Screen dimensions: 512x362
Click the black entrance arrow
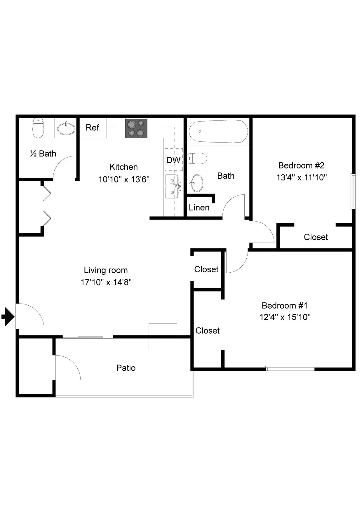coord(8,316)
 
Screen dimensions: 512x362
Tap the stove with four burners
coord(136,128)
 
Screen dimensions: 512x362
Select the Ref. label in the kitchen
coord(93,128)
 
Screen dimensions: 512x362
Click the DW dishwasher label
coord(173,160)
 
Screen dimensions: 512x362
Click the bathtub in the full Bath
coord(218,131)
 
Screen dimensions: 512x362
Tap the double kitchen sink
coord(172,186)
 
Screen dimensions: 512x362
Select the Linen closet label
coord(199,208)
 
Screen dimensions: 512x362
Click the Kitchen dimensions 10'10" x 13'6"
coord(124,179)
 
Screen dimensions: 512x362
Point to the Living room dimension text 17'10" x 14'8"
coord(106,282)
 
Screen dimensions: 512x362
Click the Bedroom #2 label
coord(301,166)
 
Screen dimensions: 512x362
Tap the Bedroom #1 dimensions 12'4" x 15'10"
coord(285,317)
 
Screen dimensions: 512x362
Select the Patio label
coord(126,368)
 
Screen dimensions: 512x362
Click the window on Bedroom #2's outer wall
coord(353,191)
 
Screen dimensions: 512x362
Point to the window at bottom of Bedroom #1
coord(290,368)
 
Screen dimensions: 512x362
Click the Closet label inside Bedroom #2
coord(316,237)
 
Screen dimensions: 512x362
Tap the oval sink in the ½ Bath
coord(66,128)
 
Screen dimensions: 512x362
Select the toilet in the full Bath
coord(197,158)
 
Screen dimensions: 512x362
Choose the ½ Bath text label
coord(43,154)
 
